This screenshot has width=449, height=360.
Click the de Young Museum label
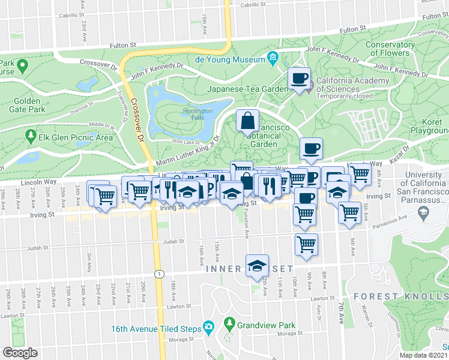(231, 59)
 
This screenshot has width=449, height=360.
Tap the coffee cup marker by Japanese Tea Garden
(298, 77)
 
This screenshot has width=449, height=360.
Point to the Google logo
(20, 353)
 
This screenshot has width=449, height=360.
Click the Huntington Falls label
(197, 115)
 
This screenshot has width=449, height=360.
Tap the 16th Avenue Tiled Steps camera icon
(209, 328)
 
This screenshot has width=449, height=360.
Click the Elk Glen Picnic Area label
(75, 137)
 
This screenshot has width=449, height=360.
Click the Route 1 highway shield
(158, 274)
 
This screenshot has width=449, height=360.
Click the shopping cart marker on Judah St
(306, 244)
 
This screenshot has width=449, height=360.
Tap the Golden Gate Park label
(28, 106)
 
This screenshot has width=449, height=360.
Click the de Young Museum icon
(273, 59)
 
